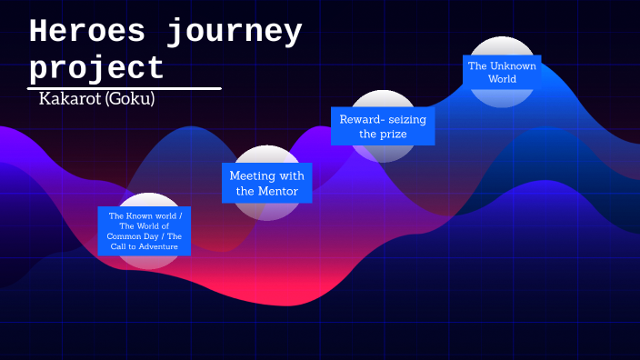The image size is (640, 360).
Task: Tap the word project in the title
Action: coord(96,68)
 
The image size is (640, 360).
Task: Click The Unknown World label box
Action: coord(502,72)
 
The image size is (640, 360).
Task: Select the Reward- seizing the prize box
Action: coord(382,126)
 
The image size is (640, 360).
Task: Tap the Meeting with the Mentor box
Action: coord(266,183)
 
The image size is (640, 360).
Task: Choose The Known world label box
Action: coord(145,231)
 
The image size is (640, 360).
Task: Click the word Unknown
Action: coord(514,65)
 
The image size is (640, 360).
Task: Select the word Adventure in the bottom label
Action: coord(158,246)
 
